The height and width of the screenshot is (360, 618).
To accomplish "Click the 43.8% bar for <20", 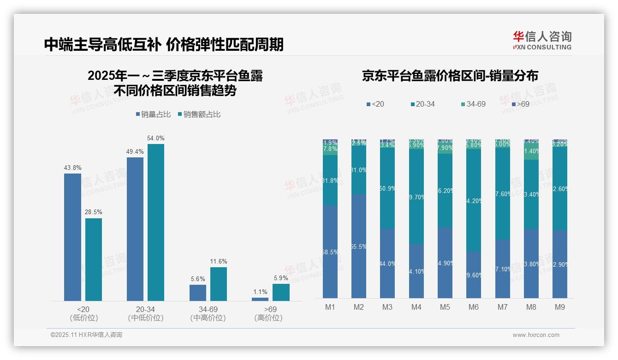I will [72, 237].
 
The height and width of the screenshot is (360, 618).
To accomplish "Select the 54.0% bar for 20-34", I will [155, 222].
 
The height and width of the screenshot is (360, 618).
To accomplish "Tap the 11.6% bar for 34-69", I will [218, 284].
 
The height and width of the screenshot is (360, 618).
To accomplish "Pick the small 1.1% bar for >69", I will [260, 299].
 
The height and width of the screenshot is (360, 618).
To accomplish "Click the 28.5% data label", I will [93, 212].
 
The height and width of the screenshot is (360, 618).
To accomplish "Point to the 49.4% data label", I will [135, 151].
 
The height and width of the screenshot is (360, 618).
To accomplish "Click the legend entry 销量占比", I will [152, 114].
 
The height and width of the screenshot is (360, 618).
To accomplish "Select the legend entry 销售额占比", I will [199, 114].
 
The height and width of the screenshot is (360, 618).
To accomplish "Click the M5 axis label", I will [445, 307].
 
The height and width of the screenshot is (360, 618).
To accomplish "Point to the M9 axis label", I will [559, 307].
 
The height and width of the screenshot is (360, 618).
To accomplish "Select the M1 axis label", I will [330, 307].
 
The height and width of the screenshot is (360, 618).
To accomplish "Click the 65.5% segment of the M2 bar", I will [359, 246].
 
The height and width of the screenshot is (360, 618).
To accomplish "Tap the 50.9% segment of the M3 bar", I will [387, 189].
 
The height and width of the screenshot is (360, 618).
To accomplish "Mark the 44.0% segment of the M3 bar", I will [387, 264].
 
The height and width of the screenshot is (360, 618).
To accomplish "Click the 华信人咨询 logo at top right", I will [542, 41].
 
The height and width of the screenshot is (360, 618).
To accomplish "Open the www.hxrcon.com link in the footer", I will [536, 335].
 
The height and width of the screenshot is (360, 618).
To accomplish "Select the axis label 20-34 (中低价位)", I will [145, 313].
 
